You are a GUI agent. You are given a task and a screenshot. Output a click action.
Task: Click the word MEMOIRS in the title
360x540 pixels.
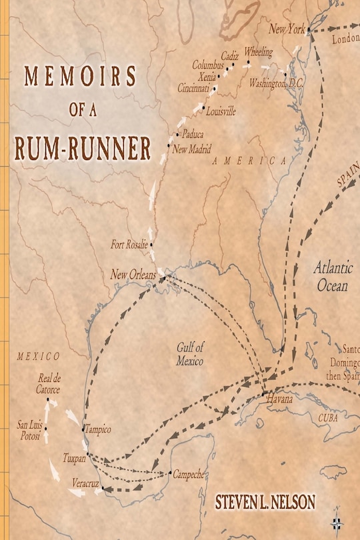click(x=80, y=77)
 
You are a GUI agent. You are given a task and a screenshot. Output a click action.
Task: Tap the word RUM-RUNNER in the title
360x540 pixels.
click(x=83, y=149)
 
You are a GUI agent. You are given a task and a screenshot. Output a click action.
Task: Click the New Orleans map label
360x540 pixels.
click(x=133, y=275)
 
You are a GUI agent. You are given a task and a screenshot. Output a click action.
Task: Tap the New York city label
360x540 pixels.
click(x=286, y=30)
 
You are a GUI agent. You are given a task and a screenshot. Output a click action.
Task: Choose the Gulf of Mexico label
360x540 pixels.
click(x=190, y=353)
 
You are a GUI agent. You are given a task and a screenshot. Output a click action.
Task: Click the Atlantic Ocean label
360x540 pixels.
click(x=332, y=277)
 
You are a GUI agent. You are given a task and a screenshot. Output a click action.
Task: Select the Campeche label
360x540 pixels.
click(x=189, y=475)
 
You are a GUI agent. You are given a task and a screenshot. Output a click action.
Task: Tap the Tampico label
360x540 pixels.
click(x=99, y=429)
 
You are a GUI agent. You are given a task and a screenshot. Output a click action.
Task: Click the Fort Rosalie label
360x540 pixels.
click(x=129, y=245)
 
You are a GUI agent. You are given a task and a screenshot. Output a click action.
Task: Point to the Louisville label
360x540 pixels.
click(x=221, y=112)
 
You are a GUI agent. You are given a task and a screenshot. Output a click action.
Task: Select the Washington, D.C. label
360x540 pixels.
click(x=275, y=84)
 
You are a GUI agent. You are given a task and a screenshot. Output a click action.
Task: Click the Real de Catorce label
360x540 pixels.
click(x=49, y=385)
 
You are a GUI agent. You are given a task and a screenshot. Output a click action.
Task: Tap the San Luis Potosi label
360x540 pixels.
click(x=29, y=429)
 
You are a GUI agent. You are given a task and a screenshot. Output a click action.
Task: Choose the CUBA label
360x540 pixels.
click(x=327, y=418)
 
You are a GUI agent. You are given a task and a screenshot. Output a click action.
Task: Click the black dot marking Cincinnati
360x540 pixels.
click(x=215, y=88)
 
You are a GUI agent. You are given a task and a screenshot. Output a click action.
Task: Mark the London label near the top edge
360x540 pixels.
click(x=345, y=39)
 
